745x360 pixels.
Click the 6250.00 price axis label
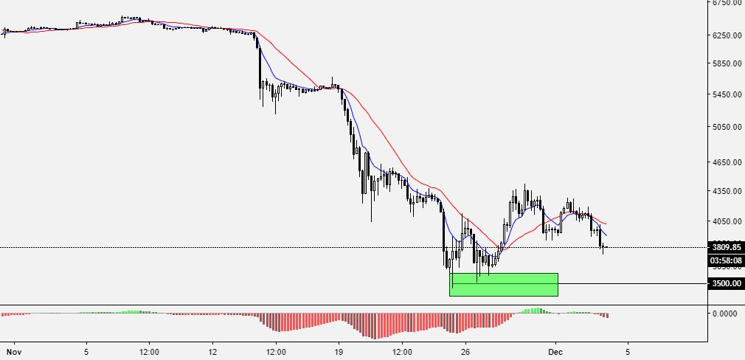[x=726, y=35]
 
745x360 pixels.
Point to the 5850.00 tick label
[x=726, y=64]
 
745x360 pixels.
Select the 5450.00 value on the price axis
[x=726, y=94]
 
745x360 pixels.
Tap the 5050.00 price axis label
[x=726, y=127]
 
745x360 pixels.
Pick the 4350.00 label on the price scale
[x=726, y=191]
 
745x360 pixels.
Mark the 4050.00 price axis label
[x=726, y=221]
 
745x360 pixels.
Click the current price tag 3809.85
[x=726, y=247]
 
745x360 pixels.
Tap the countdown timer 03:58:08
[x=726, y=260]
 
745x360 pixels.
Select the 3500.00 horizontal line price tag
[x=726, y=283]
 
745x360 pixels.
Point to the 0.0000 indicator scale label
[x=724, y=314]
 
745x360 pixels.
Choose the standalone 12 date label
[x=212, y=345]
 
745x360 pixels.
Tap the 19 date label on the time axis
[x=339, y=345]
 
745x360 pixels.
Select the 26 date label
[x=465, y=345]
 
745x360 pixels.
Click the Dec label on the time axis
[x=556, y=345]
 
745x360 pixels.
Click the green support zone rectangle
[x=504, y=285]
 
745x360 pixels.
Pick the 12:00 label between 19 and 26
[x=402, y=345]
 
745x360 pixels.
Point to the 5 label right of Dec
[x=628, y=345]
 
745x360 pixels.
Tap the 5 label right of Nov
[x=86, y=345]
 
